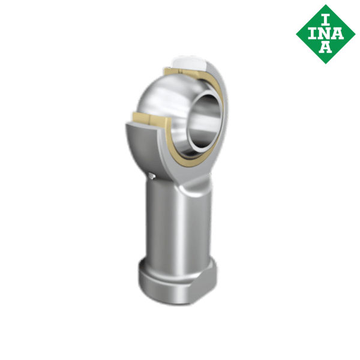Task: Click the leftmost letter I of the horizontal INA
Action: point(312,33)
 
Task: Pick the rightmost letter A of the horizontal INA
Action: point(339,33)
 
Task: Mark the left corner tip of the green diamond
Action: point(296,33)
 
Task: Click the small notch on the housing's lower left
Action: point(154,175)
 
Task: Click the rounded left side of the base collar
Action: point(144,279)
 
